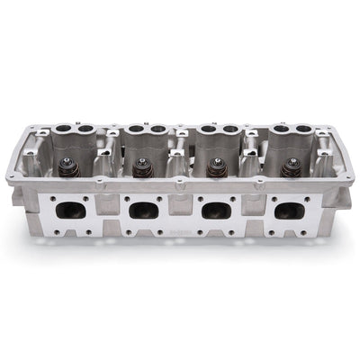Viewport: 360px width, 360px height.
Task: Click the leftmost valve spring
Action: [x=67, y=167]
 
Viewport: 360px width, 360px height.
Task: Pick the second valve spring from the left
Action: [x=141, y=168]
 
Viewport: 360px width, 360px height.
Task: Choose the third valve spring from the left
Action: [x=216, y=168]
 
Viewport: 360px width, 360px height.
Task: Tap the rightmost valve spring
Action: [x=290, y=168]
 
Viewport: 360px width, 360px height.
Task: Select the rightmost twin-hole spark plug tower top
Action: [x=286, y=130]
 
